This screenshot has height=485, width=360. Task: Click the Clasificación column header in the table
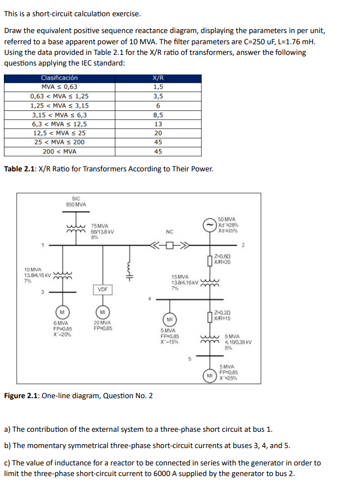59,78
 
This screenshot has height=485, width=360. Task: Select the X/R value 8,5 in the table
158,114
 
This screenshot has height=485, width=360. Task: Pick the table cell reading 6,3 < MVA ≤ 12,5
59,124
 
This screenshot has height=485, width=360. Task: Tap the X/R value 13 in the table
158,124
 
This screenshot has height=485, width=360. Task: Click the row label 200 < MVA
59,151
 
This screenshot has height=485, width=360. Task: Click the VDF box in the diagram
102,290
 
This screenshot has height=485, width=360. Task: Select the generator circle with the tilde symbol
209,225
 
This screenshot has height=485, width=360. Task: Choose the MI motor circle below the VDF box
102,311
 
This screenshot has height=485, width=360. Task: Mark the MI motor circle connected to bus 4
166,319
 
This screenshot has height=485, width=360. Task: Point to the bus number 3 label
41,291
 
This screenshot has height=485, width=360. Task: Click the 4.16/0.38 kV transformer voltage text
238,342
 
